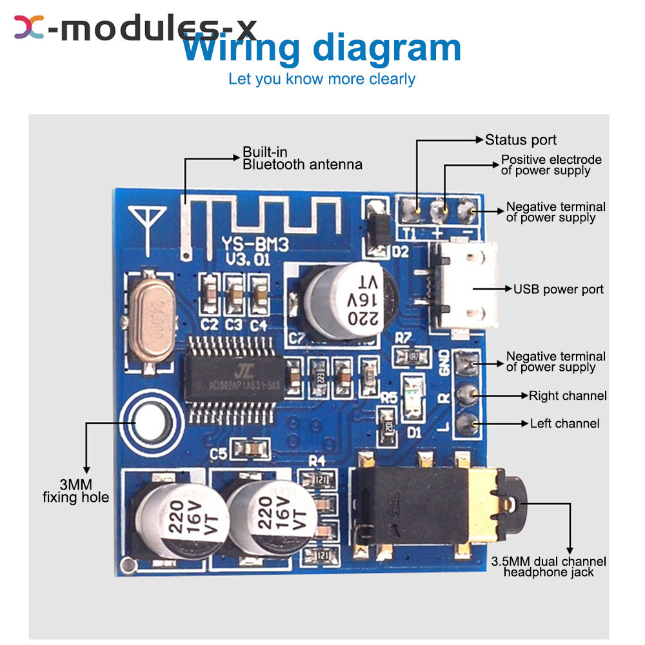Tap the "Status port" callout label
click(521, 140)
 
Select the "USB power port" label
click(559, 289)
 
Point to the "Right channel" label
click(568, 395)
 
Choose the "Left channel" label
click(564, 424)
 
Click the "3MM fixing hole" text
click(75, 491)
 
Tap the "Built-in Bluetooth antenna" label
click(302, 159)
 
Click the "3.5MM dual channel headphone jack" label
click(548, 567)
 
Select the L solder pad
click(466, 424)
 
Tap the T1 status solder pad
click(411, 208)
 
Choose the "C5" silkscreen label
click(218, 454)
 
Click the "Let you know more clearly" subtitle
click(322, 79)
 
